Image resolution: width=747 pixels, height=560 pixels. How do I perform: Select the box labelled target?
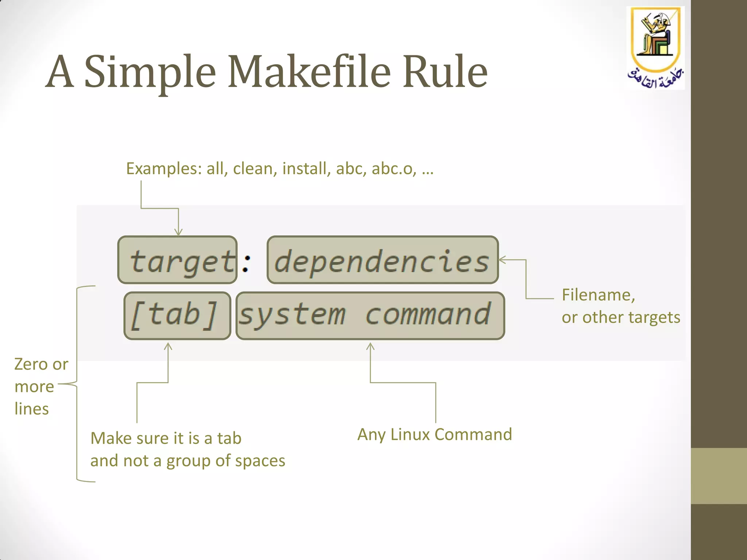click(x=178, y=260)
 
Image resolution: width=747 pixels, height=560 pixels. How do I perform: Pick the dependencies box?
click(x=383, y=260)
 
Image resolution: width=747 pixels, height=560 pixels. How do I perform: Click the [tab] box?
click(x=177, y=316)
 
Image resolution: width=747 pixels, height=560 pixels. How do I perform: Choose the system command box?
click(x=370, y=316)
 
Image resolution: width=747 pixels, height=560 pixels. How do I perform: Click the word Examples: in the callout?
click(x=164, y=169)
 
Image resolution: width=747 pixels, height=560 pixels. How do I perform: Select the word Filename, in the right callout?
click(x=598, y=295)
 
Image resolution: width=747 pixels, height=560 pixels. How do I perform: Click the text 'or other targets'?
click(x=621, y=317)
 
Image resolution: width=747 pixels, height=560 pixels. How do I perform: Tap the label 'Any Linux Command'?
click(x=435, y=435)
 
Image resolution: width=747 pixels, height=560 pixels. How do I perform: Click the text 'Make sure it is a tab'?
click(x=166, y=438)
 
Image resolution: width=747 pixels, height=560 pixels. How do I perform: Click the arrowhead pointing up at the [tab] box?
click(x=168, y=346)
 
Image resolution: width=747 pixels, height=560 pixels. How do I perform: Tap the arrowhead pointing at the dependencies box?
click(x=502, y=260)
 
